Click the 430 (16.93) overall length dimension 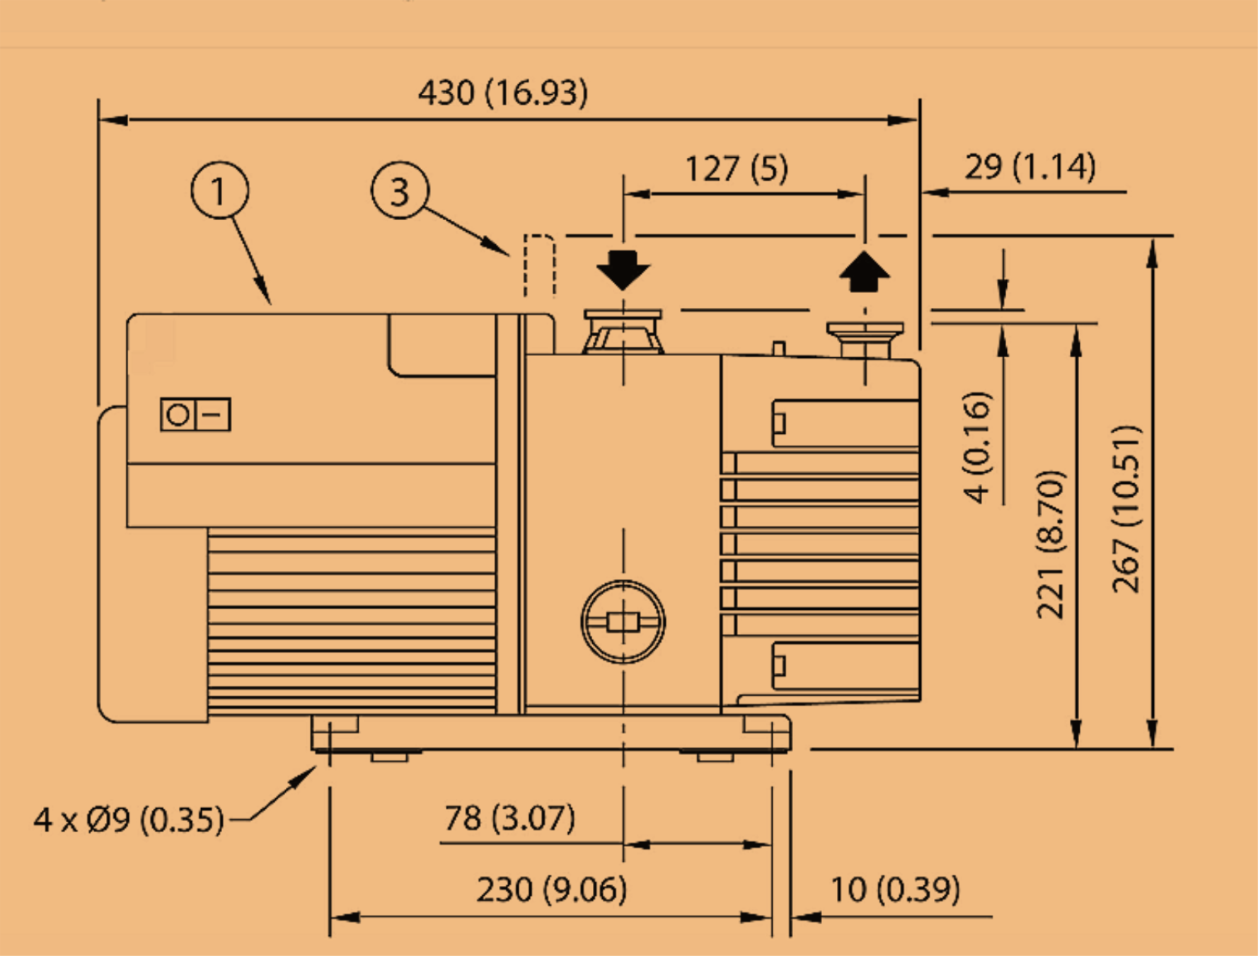[x=502, y=93]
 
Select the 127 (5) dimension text [x=737, y=168]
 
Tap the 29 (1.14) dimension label [x=1030, y=167]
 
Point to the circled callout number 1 [x=220, y=190]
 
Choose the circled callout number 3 [x=400, y=190]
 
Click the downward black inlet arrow [x=623, y=270]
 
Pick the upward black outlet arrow [x=865, y=272]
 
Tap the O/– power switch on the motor [x=195, y=415]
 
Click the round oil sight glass [x=623, y=622]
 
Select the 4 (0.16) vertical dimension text [x=978, y=447]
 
